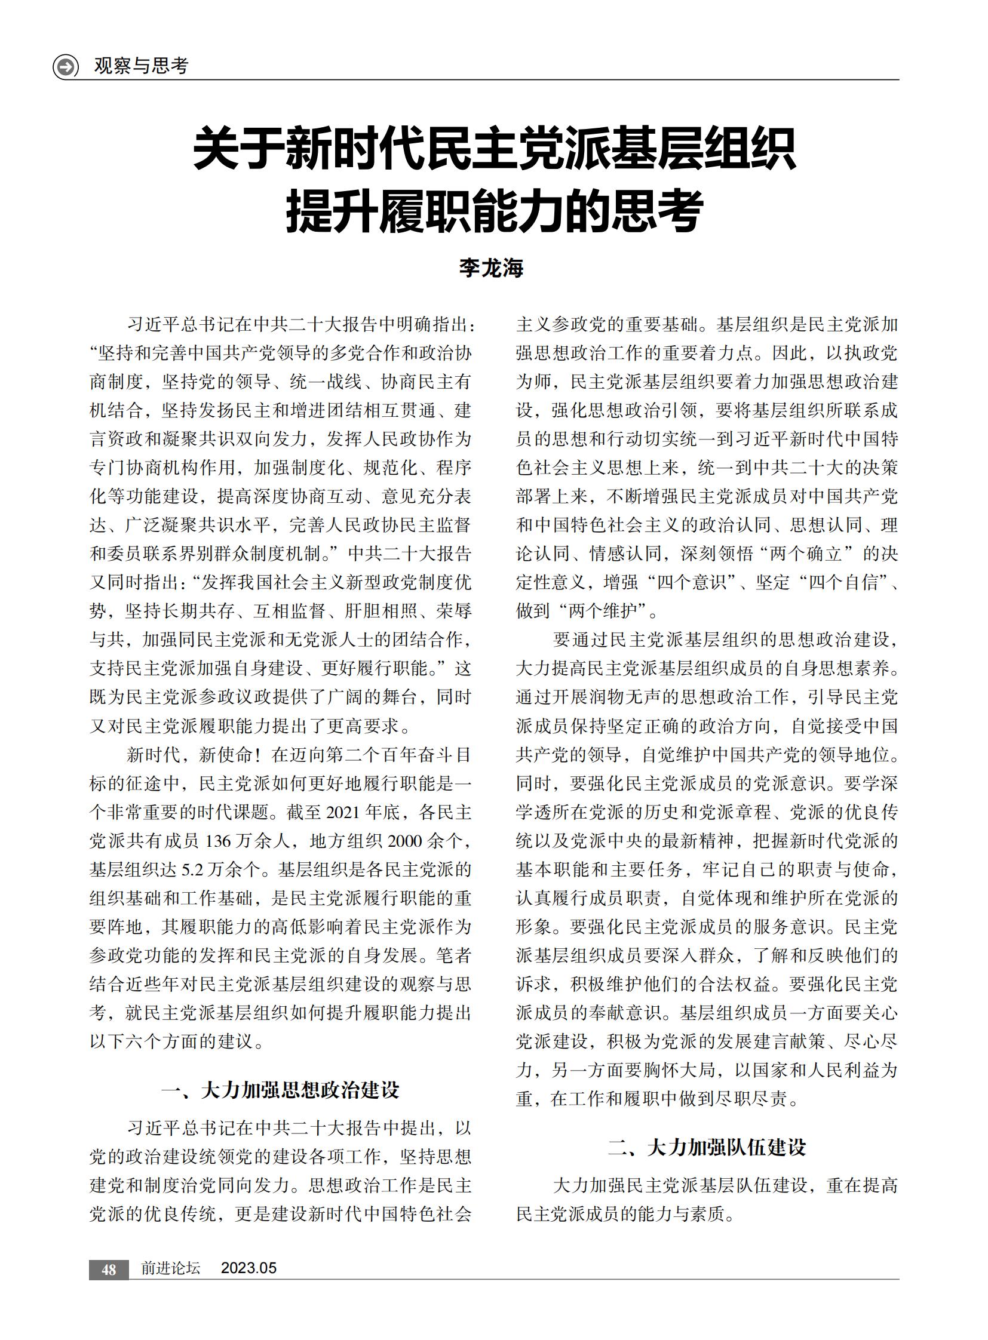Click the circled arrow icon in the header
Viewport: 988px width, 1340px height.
click(66, 66)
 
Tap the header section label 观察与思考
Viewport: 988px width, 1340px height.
click(141, 66)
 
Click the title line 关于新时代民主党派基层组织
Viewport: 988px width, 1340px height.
click(494, 149)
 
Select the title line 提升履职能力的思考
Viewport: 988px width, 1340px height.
click(494, 211)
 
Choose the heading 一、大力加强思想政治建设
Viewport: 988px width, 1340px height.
click(280, 1090)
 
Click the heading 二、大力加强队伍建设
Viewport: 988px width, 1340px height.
click(707, 1148)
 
